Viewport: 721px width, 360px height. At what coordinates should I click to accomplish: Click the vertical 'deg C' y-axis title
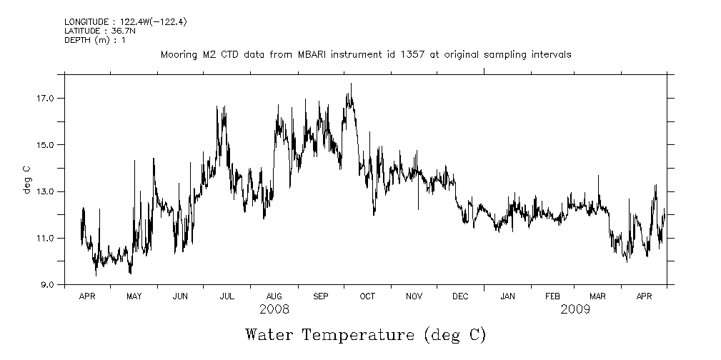26,179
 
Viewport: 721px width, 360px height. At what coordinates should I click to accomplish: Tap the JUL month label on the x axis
227,296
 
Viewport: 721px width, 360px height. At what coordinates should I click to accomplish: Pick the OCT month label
367,296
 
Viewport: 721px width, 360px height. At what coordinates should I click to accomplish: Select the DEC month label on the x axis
460,296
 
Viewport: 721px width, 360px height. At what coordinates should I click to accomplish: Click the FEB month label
553,296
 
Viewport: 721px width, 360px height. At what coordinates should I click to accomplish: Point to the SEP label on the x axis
321,296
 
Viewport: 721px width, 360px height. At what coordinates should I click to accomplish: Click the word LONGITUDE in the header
88,21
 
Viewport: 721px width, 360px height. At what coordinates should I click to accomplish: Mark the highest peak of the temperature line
351,84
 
